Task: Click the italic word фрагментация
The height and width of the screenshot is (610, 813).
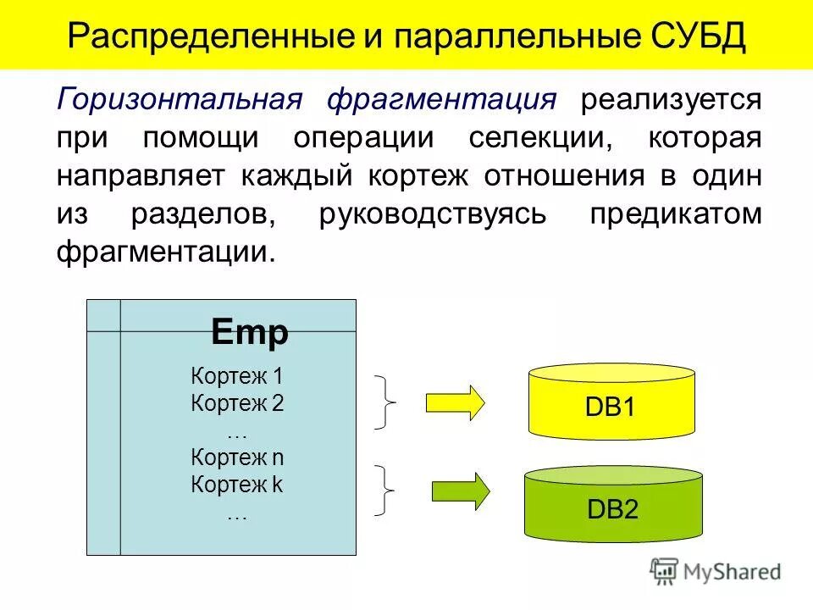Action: pos(441,100)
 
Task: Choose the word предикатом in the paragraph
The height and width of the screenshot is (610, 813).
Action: pos(675,214)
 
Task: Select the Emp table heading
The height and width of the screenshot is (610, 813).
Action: pos(250,332)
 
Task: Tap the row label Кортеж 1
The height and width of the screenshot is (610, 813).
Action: pos(237,375)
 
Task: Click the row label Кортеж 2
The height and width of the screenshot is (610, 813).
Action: pos(237,402)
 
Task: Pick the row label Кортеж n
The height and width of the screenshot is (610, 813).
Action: pos(237,457)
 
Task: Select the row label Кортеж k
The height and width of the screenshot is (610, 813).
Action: pos(237,485)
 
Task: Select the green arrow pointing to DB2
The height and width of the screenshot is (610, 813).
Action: pos(460,491)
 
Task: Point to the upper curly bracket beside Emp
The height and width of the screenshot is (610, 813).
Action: pos(385,402)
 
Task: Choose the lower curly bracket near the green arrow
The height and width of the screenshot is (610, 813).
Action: pos(385,490)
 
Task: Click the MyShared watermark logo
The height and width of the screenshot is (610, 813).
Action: pos(716,571)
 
